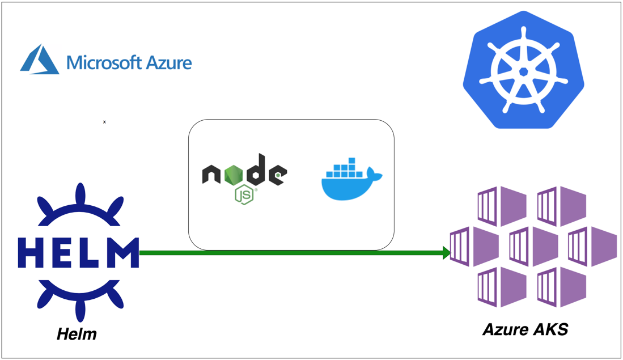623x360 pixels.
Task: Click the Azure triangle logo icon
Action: coord(39,60)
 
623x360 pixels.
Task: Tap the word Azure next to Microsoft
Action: coord(169,62)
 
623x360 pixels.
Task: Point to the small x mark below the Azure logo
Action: coord(104,122)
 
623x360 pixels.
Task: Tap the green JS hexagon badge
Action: coord(244,194)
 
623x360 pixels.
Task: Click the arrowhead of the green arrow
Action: coord(447,253)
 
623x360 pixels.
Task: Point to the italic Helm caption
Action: coord(77,334)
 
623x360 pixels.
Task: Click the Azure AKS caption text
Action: coord(525,329)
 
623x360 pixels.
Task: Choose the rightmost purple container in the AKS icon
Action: coord(592,247)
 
